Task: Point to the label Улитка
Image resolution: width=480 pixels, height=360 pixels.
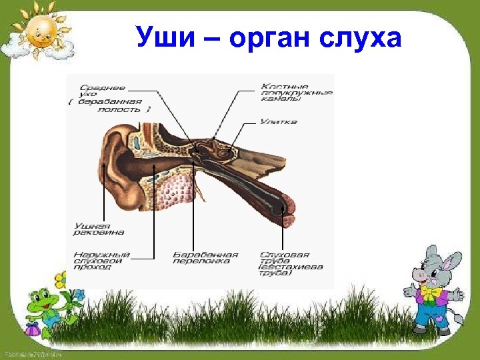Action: tap(278, 122)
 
